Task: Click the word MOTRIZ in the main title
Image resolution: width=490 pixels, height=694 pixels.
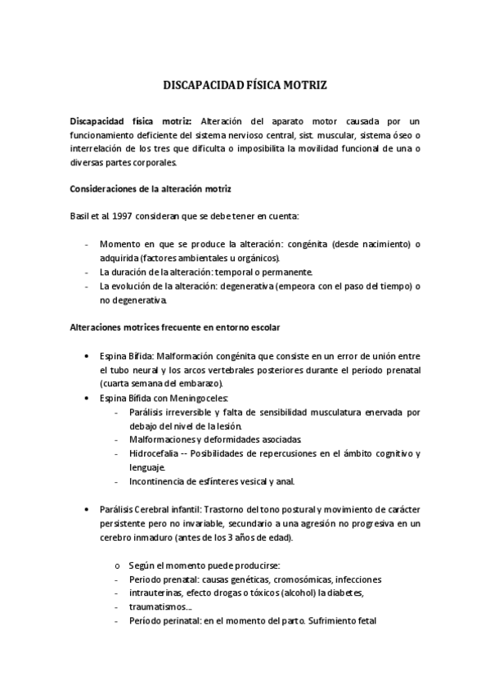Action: [x=305, y=84]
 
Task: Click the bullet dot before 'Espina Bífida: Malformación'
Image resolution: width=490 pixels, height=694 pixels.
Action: [x=88, y=356]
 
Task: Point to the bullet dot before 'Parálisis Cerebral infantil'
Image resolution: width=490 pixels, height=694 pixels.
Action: [x=88, y=509]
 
